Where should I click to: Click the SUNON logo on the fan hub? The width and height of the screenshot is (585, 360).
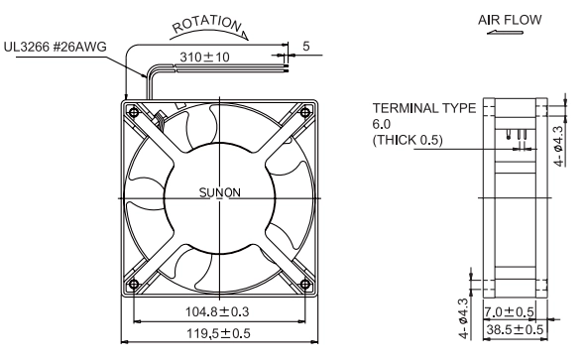tap(220, 192)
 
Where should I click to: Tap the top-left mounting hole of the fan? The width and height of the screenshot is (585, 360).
tap(133, 111)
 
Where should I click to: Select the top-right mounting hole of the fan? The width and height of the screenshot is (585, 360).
tap(305, 111)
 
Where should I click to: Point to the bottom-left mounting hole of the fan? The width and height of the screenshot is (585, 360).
tap(133, 285)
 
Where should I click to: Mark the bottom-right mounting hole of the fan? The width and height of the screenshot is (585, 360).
tap(305, 285)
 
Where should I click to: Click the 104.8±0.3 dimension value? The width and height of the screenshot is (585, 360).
tap(217, 311)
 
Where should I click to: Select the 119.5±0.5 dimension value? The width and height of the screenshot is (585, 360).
tap(218, 333)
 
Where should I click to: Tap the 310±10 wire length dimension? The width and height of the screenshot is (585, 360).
tap(205, 58)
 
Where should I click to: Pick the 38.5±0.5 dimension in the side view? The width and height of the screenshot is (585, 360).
tap(515, 329)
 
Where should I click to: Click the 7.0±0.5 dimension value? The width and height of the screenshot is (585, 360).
tap(510, 311)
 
